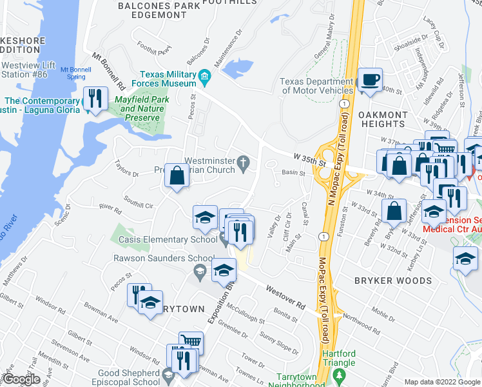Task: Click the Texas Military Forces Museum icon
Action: click(204, 78)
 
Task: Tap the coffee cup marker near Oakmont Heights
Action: click(370, 80)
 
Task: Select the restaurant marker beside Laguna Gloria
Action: click(96, 99)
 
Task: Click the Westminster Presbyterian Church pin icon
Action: click(244, 162)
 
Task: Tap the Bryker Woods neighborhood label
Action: click(392, 281)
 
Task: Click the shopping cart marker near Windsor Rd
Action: click(191, 342)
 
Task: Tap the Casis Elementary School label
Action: click(168, 240)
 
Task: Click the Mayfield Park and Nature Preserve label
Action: click(137, 109)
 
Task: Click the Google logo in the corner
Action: click(22, 379)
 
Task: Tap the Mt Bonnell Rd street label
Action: click(108, 71)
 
